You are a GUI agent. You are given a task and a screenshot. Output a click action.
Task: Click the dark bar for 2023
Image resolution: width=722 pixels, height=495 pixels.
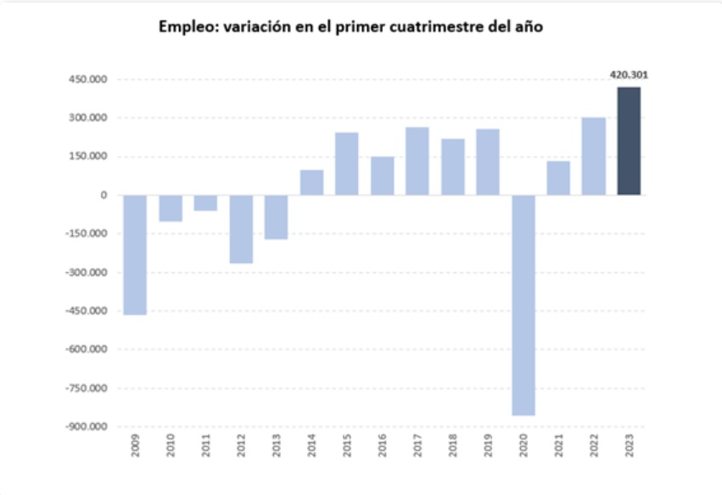tap(629, 141)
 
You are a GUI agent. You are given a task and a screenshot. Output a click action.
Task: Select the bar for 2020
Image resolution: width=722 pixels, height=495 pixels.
tap(523, 305)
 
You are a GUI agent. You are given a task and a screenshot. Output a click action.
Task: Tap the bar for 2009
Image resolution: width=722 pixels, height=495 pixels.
tap(135, 254)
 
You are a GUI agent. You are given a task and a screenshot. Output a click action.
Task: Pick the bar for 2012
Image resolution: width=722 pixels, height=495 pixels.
tap(241, 229)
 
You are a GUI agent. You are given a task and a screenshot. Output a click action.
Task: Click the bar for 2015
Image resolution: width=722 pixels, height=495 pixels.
tap(346, 164)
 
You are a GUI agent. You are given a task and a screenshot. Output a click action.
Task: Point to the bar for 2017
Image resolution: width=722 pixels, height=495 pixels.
tap(417, 161)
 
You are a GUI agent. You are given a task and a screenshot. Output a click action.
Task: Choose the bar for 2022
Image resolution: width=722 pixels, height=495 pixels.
tap(593, 156)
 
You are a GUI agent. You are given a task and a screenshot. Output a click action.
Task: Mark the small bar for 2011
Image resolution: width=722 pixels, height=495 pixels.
tap(205, 203)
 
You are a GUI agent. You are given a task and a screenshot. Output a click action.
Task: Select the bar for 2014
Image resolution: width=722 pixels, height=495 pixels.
tap(311, 182)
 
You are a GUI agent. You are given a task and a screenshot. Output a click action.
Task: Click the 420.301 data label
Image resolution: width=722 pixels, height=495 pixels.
tap(629, 75)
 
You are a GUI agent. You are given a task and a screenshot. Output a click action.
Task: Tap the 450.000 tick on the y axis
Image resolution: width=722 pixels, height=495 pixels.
tap(91, 80)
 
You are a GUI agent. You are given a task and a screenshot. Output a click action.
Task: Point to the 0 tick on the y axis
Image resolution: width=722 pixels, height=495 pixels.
tap(104, 195)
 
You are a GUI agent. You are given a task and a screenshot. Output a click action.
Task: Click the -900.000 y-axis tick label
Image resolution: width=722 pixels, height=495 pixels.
tap(88, 426)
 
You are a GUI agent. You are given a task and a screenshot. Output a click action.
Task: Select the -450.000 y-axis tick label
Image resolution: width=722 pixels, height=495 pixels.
tap(88, 311)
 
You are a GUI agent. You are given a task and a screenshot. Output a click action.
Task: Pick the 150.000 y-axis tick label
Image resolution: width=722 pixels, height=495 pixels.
tap(91, 157)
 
